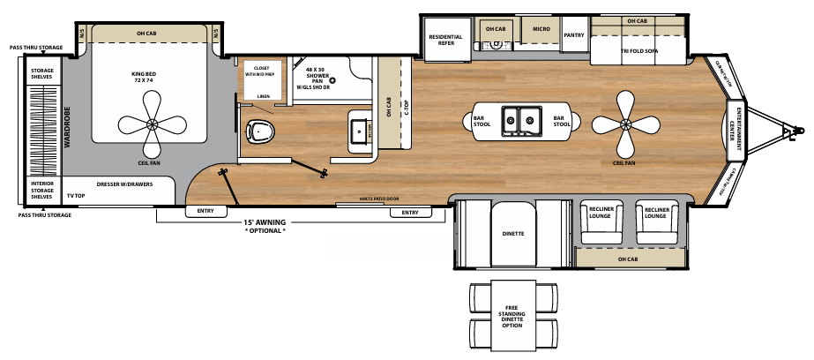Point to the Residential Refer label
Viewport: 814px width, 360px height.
pyautogui.click(x=446, y=40)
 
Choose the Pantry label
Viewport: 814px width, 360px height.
pyautogui.click(x=574, y=35)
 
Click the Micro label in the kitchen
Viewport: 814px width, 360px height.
pyautogui.click(x=541, y=29)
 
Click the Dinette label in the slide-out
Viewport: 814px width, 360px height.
pyautogui.click(x=513, y=234)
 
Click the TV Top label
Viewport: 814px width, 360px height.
pyautogui.click(x=75, y=194)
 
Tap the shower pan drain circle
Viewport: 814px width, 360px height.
pyautogui.click(x=332, y=80)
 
